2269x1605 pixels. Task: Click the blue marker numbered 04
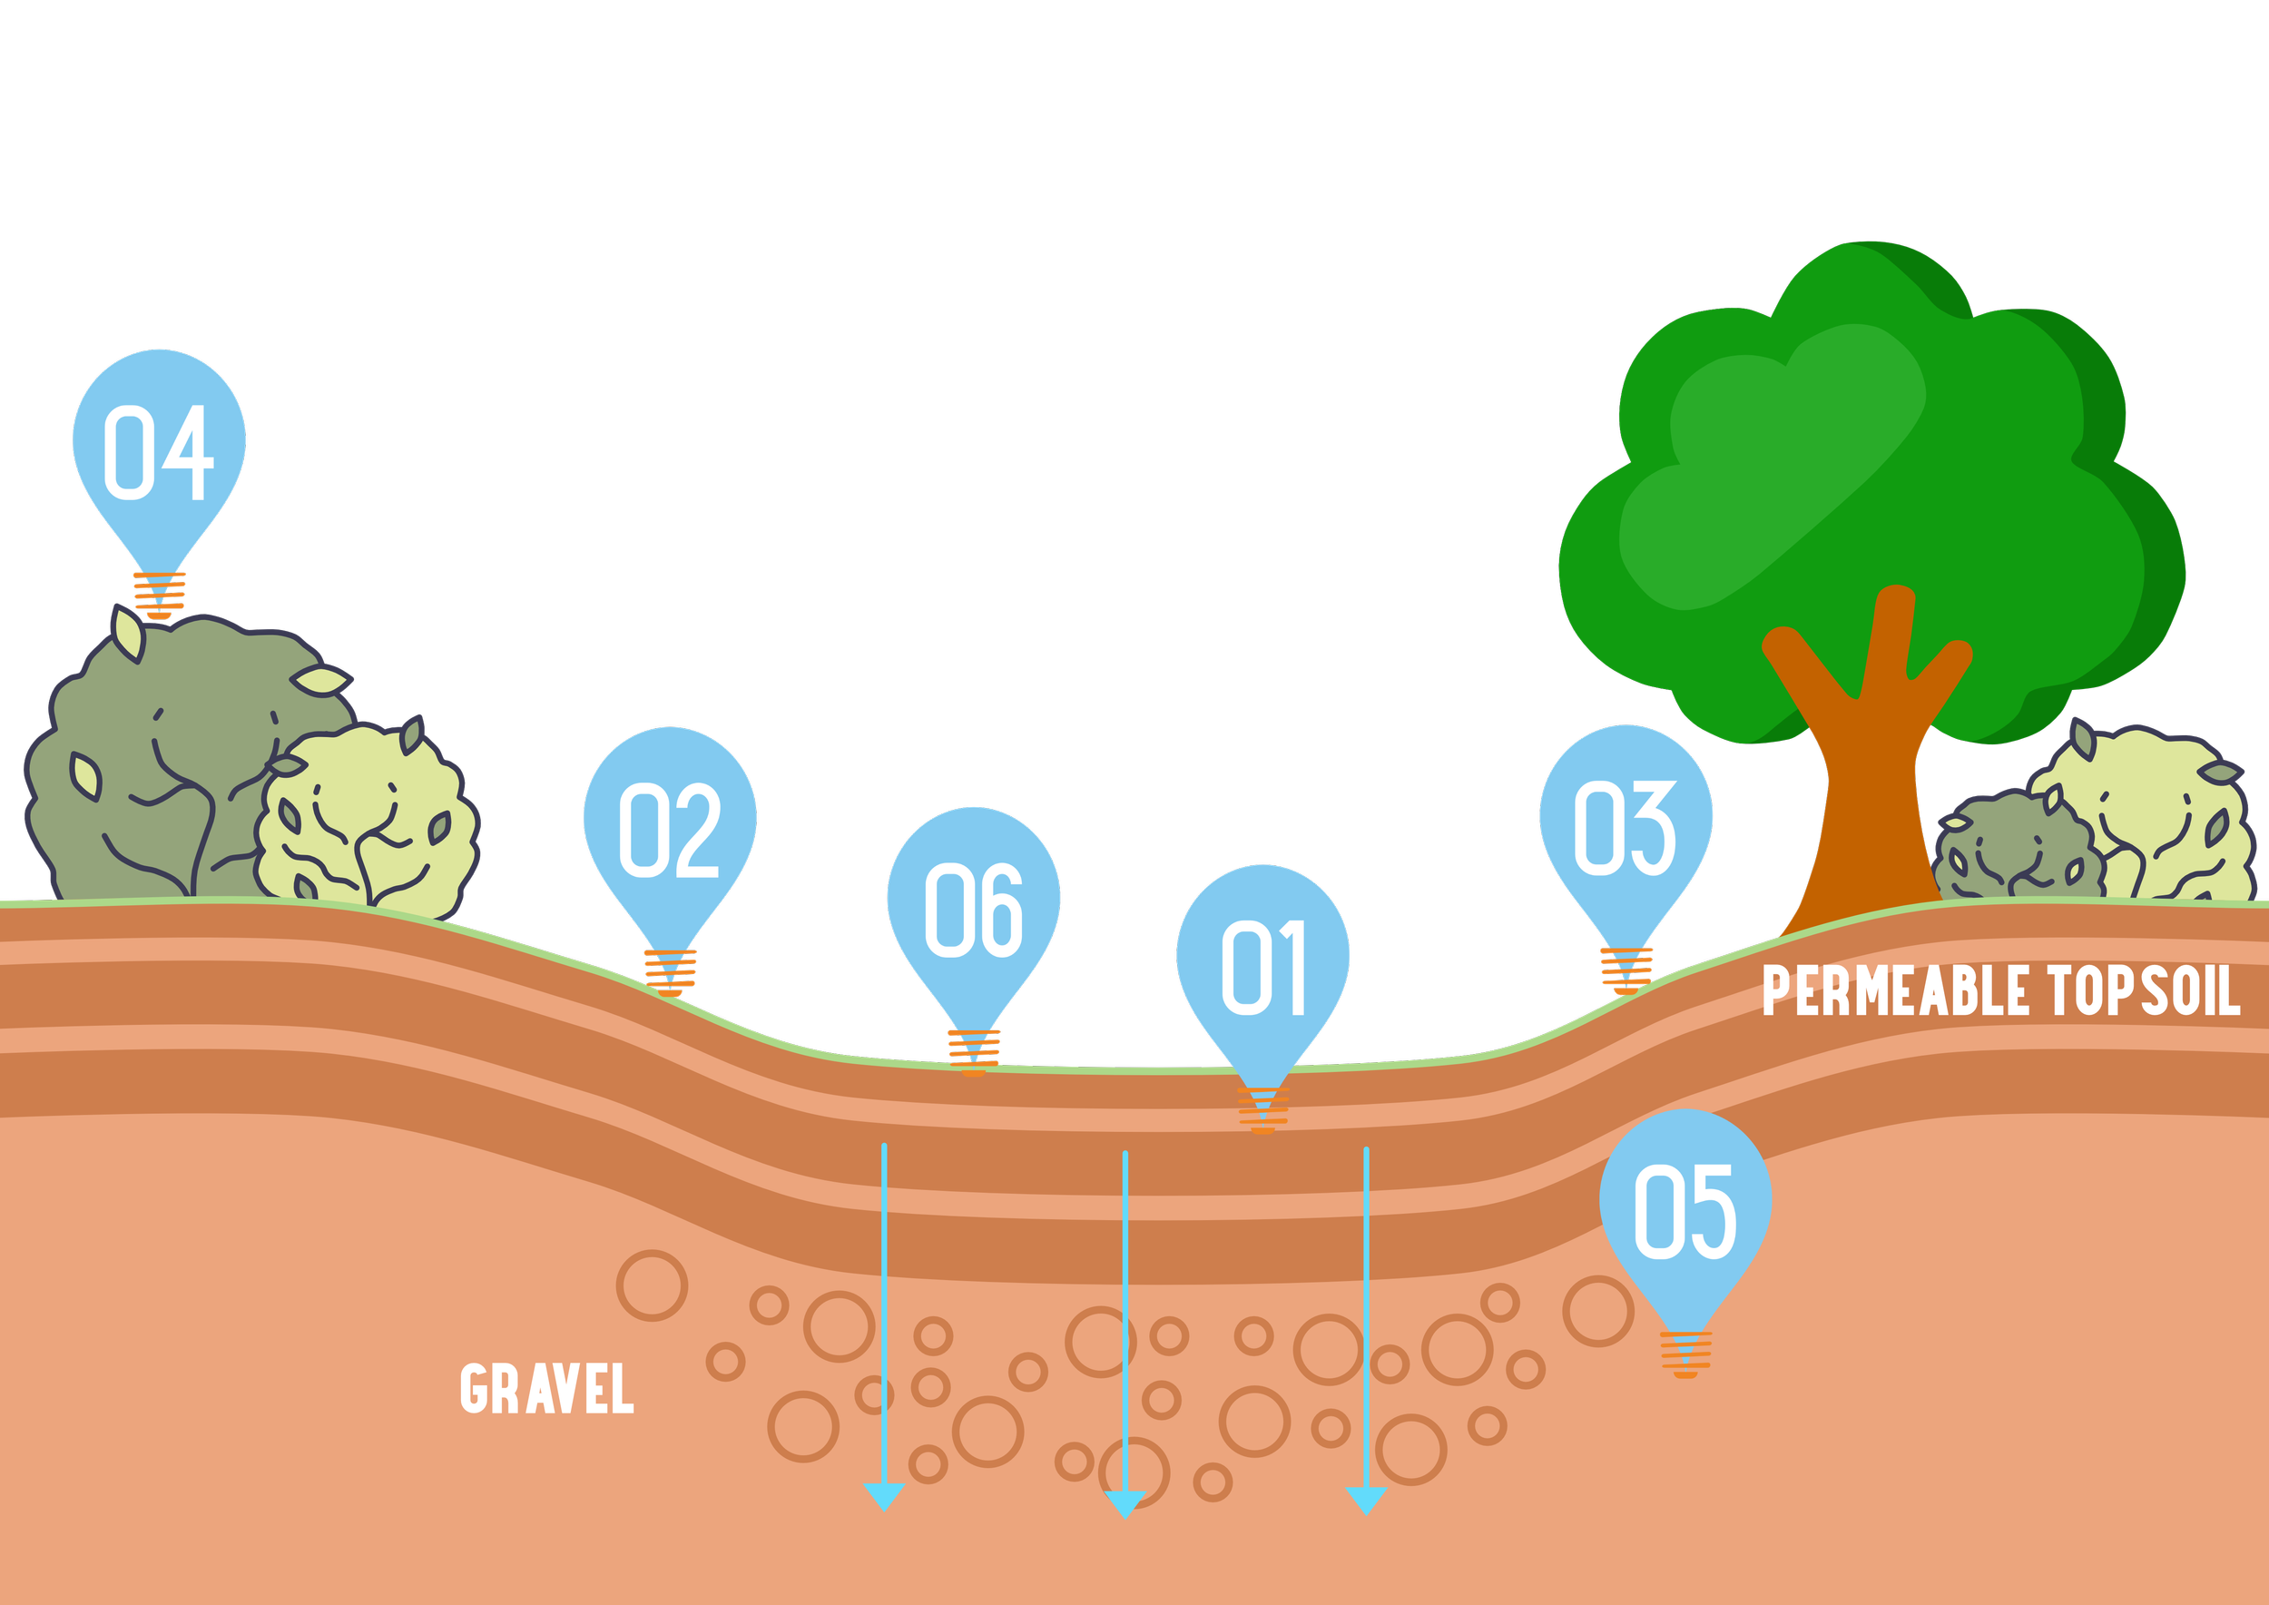159,449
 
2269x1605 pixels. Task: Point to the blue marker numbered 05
1685,1210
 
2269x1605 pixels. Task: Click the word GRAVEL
546,1389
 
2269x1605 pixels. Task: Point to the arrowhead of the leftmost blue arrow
883,1495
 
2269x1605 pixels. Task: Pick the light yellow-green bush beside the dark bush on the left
366,821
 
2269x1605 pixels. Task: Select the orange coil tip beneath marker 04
159,596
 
